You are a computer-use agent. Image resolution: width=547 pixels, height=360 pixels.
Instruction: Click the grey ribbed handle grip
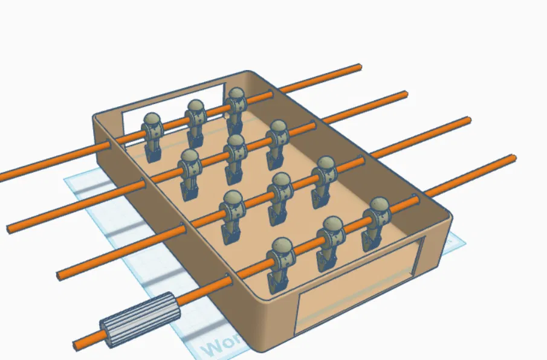tap(139, 320)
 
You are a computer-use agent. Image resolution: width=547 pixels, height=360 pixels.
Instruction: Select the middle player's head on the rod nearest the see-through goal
tap(195, 109)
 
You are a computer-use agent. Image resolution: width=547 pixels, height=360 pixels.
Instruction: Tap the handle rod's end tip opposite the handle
tap(514, 158)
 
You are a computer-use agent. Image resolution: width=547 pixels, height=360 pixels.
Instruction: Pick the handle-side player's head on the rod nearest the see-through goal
tap(152, 121)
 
